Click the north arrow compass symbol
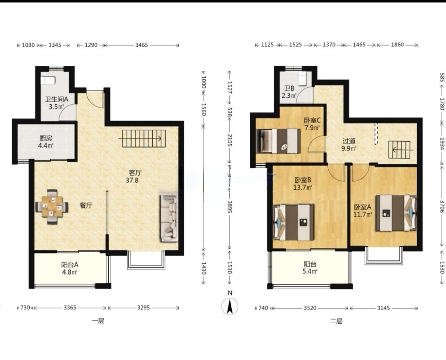[x=230, y=306]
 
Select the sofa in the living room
[x=168, y=217]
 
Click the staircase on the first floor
[x=144, y=138]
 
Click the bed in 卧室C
[x=278, y=141]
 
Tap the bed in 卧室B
[x=294, y=222]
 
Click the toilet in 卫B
[x=302, y=78]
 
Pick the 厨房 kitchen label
[x=46, y=138]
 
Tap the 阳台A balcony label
[x=70, y=265]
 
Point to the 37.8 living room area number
[x=132, y=180]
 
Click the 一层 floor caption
[x=98, y=321]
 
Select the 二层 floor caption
[x=336, y=321]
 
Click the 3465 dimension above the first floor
[x=141, y=45]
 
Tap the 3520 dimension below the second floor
[x=310, y=308]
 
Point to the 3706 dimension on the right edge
[x=442, y=206]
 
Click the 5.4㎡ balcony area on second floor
[x=310, y=272]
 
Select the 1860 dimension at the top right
[x=397, y=45]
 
